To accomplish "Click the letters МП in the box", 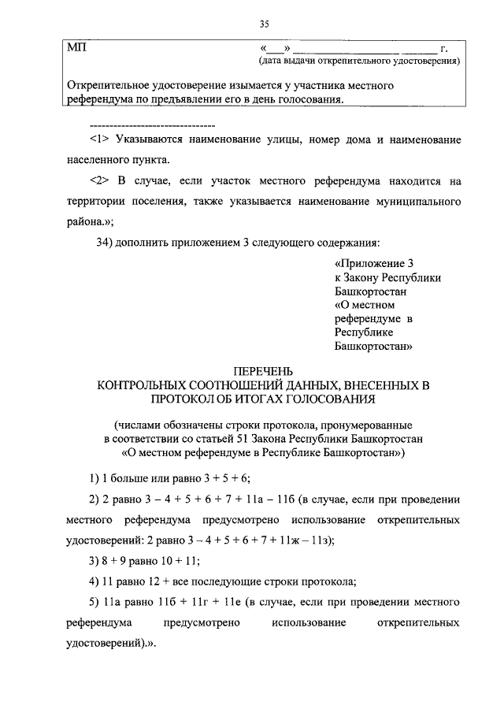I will click(x=77, y=47).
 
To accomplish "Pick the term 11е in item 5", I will click(x=234, y=603).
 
